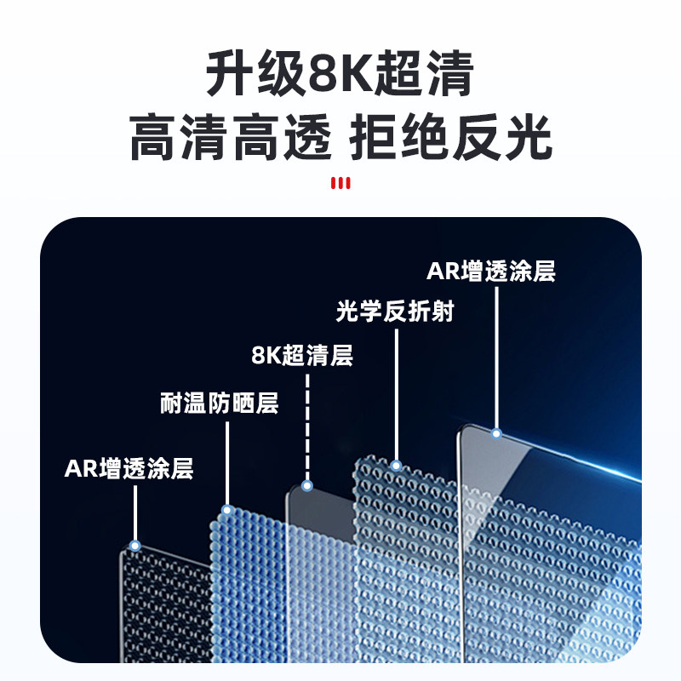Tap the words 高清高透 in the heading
tap(229, 139)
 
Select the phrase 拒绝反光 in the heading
tap(451, 139)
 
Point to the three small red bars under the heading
tap(340, 183)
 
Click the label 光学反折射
tap(395, 312)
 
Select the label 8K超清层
tap(302, 355)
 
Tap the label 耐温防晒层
tap(220, 403)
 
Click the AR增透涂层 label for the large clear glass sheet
tap(492, 272)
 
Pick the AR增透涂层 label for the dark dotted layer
tap(129, 468)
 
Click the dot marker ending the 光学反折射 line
tap(396, 466)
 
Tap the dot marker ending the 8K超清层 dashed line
tap(307, 485)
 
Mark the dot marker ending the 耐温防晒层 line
tap(227, 511)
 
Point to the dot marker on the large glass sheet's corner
tap(496, 433)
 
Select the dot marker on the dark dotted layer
tap(134, 545)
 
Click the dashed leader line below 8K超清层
tap(307, 426)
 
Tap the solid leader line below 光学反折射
tap(397, 392)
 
